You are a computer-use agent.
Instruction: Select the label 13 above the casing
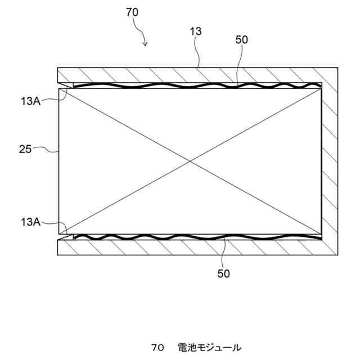(196, 32)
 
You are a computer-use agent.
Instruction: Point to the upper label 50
(241, 39)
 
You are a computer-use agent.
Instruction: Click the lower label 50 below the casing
(223, 274)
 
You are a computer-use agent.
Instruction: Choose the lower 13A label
(29, 222)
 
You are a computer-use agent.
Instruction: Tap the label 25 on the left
(24, 149)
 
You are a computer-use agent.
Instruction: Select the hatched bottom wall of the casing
(186, 247)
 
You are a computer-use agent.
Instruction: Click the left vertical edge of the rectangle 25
(58, 169)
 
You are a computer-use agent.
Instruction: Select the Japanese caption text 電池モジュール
(209, 346)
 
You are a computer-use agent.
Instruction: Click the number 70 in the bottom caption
(157, 346)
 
